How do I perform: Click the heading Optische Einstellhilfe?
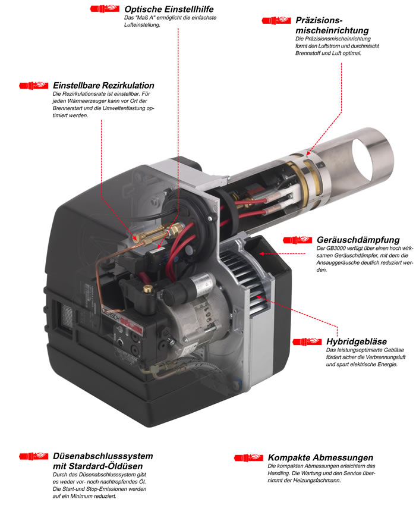point(169,9)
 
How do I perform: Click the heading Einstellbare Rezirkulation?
point(103,85)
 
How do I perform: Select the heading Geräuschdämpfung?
point(358,240)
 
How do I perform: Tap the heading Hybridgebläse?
point(357,341)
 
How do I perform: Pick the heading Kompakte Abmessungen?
point(320,457)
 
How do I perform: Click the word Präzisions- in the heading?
point(319,20)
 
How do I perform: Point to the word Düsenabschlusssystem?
point(103,456)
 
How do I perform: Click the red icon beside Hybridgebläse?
point(307,341)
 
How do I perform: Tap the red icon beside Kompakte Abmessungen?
point(248,457)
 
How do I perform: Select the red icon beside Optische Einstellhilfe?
point(105,8)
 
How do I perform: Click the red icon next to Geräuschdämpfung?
point(297,240)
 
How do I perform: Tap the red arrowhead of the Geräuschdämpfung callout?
point(262,254)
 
